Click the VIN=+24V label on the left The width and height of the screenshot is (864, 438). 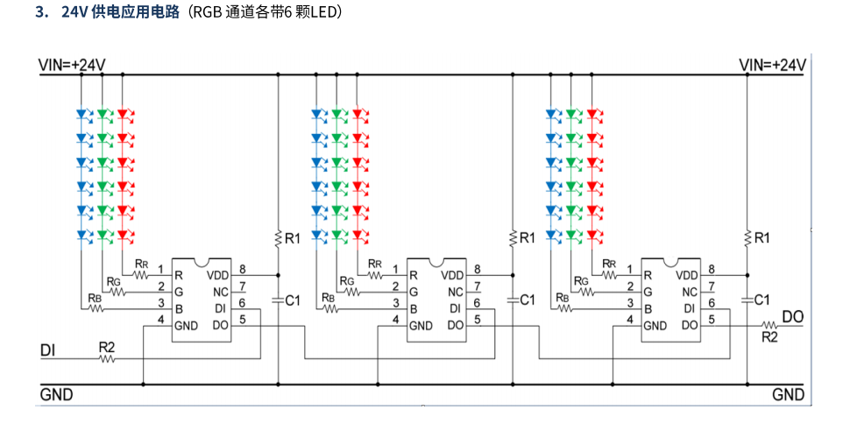pos(72,65)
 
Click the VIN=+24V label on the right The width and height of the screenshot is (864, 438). pos(772,65)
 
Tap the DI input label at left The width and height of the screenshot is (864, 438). pos(49,350)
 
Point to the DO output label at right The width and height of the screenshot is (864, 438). pos(792,317)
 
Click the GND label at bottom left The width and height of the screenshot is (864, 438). pos(56,395)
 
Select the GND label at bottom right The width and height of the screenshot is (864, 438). pos(788,395)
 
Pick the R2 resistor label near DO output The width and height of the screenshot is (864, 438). pos(769,336)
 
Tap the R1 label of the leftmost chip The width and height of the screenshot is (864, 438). pos(293,238)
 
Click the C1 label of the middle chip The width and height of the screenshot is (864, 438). pos(528,300)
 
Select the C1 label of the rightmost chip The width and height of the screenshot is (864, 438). pos(762,300)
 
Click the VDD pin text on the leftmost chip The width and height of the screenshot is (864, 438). pos(218,275)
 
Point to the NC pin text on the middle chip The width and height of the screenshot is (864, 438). pos(456,292)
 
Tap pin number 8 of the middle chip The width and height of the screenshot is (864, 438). pos(478,269)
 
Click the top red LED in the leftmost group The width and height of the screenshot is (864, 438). pos(123,114)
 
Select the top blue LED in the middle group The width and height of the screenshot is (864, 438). pos(317,114)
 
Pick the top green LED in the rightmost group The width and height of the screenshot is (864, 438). pos(572,114)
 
